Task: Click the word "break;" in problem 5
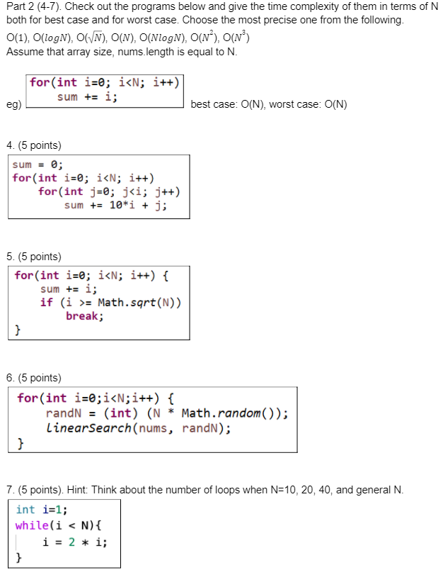point(85,316)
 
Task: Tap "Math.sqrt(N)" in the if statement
point(139,303)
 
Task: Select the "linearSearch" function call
point(89,428)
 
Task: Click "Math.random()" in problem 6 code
point(234,414)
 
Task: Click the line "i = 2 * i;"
point(74,542)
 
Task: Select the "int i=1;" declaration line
point(42,509)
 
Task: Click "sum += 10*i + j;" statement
point(115,206)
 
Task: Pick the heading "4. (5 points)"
point(33,145)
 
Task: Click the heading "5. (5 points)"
point(33,257)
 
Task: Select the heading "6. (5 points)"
point(33,378)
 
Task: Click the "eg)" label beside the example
point(13,105)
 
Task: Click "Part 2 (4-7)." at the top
point(33,6)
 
